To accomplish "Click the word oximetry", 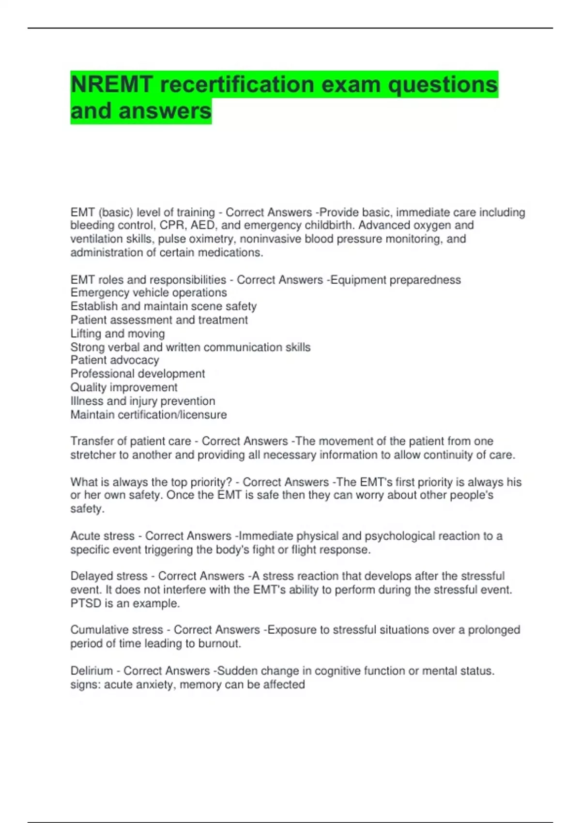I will (212, 239).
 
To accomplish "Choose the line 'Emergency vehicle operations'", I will (149, 293).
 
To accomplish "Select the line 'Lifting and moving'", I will (118, 334).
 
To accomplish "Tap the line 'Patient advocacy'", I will (115, 360).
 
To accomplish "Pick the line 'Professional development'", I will (138, 374).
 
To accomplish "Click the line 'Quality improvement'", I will (124, 387).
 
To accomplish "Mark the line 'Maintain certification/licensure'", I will (149, 415).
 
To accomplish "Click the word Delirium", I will (92, 671).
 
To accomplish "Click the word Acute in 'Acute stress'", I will (85, 536).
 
